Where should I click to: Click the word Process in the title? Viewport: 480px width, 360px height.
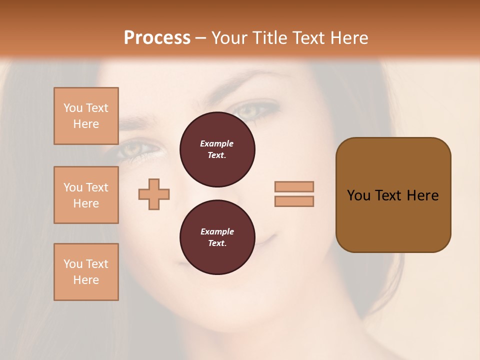point(157,38)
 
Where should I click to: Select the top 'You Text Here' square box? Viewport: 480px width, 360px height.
point(86,116)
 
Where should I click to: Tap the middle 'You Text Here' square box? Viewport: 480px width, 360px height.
point(86,195)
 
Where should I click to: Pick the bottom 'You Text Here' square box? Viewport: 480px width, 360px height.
point(86,272)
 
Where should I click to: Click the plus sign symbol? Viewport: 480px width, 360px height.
point(154,194)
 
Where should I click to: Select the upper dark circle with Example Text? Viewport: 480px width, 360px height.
point(217,149)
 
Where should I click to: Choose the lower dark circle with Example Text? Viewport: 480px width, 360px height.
point(217,237)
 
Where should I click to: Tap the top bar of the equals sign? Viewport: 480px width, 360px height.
point(294,186)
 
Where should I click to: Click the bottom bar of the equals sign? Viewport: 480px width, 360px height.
point(294,201)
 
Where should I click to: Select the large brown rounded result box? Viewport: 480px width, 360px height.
point(393,195)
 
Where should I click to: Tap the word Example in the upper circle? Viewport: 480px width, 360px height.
point(217,143)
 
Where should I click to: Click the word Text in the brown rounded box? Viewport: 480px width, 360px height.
point(388,195)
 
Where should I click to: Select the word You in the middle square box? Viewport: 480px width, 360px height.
point(72,187)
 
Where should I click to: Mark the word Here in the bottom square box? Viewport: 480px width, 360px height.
point(86,280)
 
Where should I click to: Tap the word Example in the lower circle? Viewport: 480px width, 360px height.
point(217,231)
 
